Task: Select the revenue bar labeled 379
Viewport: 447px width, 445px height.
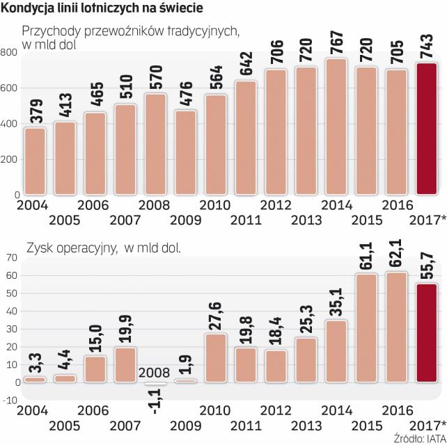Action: (35, 161)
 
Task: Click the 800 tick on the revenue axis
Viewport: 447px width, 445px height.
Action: (8, 53)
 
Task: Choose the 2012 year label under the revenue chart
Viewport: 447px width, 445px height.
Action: (276, 205)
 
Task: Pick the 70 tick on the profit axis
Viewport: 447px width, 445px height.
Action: (10, 257)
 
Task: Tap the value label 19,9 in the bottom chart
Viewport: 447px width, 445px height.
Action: (126, 330)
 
